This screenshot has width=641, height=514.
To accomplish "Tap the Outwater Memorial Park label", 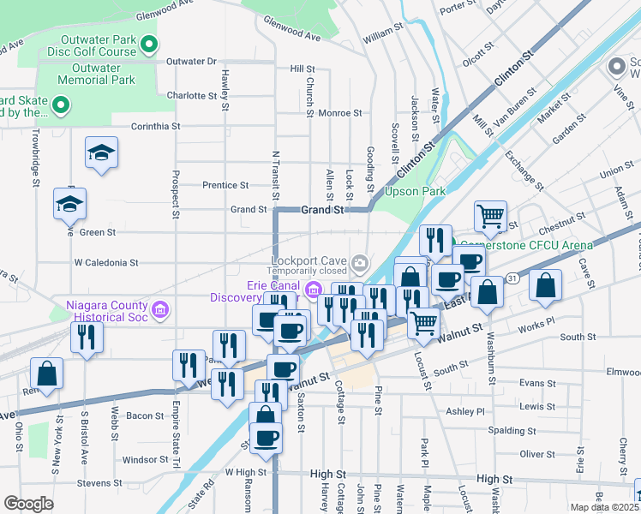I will [x=97, y=74].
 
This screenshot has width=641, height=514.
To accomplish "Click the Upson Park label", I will [x=415, y=192].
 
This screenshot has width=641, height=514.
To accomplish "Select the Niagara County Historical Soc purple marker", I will [x=159, y=309].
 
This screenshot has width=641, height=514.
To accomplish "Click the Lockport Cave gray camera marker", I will [x=362, y=261].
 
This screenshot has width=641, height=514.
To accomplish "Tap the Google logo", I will [x=28, y=503].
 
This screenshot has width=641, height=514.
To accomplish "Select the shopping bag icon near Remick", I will [x=46, y=373].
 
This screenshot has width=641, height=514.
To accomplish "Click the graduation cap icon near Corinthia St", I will [x=101, y=152].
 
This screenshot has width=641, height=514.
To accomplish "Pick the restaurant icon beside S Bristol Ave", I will [x=87, y=337].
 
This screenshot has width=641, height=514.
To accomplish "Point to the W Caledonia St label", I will [x=106, y=262].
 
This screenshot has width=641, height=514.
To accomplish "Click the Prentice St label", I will [x=225, y=185].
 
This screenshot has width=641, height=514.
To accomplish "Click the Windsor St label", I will [x=144, y=460].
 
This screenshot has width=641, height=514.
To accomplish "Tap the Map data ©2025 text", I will [x=605, y=507].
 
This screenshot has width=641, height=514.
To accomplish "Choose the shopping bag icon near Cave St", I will [x=546, y=285].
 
